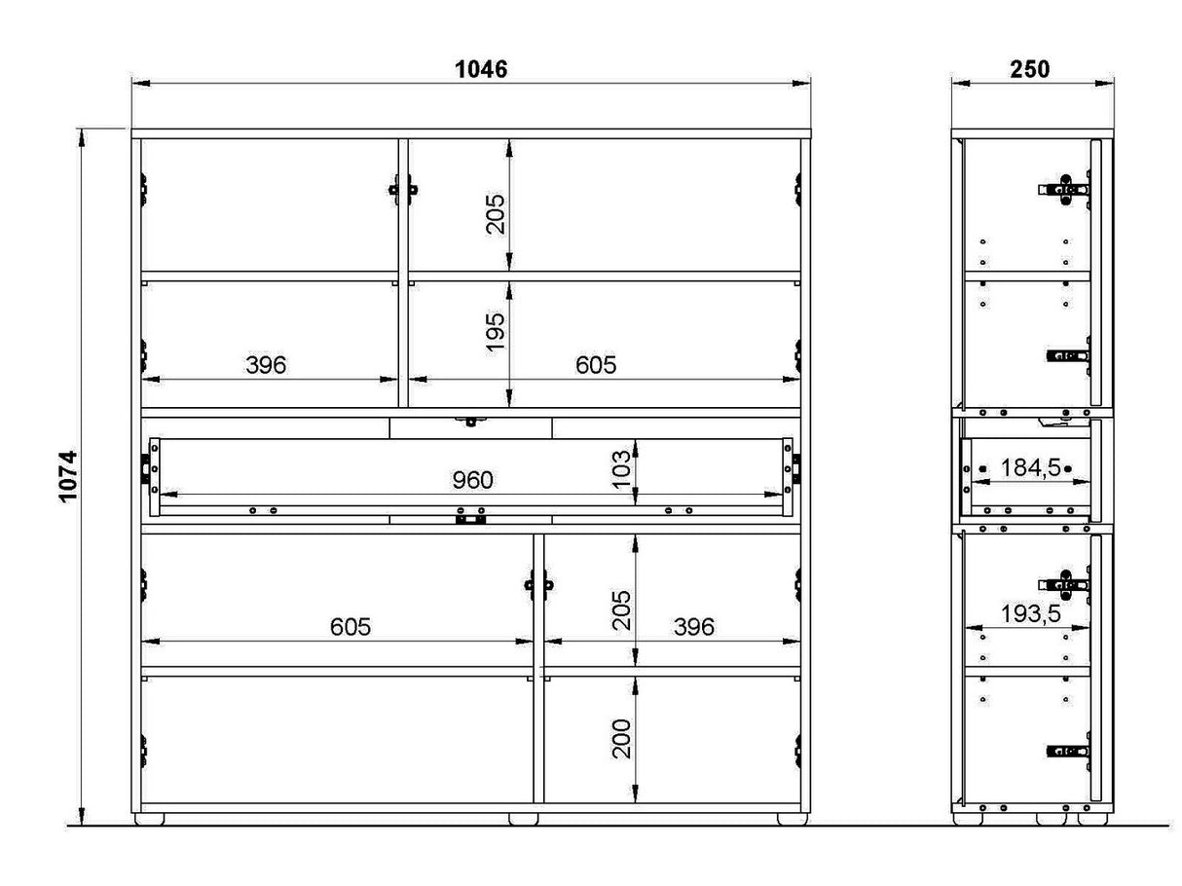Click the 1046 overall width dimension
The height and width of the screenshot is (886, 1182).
[481, 69]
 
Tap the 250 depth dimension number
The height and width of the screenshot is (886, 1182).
[1029, 69]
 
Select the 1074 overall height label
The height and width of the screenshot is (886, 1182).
[68, 477]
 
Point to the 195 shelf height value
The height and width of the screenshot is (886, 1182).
[496, 332]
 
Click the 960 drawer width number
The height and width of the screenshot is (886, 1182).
[472, 480]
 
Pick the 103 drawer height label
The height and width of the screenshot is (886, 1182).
[621, 469]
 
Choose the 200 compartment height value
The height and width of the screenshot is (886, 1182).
[621, 739]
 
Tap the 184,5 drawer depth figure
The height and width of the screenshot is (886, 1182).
[1030, 467]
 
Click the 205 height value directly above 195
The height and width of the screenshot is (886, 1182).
[496, 214]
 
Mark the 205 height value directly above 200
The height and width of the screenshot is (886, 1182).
[621, 610]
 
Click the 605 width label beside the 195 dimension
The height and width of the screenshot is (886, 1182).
[596, 365]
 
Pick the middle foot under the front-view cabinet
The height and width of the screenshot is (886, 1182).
[524, 819]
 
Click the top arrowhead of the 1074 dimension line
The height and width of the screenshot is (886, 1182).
[82, 138]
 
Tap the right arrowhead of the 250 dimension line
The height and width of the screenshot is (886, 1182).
[1105, 84]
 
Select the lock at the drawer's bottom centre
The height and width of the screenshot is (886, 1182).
[470, 520]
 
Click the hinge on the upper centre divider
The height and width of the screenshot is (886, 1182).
[403, 190]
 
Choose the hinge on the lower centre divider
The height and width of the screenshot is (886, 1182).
[538, 585]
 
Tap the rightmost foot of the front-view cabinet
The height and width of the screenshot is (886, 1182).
[793, 819]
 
